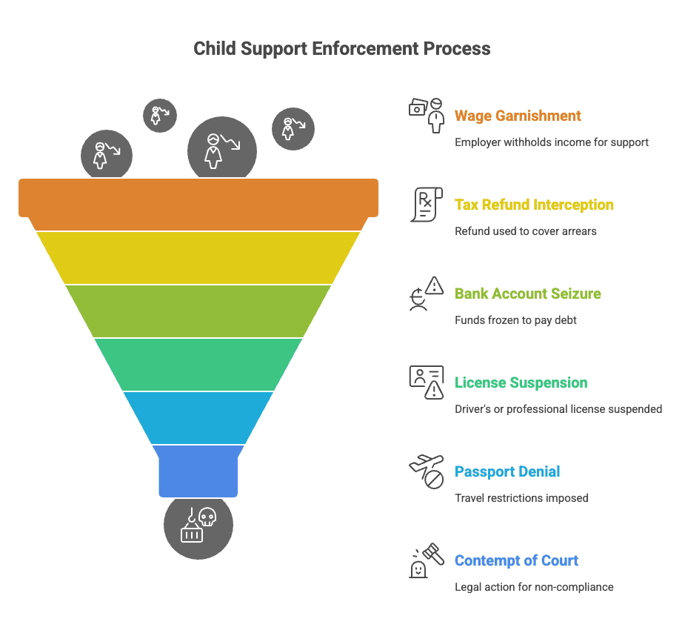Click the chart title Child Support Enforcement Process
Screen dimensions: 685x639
342,48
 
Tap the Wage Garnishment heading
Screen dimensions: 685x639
518,116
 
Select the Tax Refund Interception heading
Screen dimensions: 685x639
534,205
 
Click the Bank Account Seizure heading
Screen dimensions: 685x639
528,294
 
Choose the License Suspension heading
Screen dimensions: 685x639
521,383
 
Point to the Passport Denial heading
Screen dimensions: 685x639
507,471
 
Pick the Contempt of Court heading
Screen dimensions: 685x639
516,560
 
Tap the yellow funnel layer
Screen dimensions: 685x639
198,258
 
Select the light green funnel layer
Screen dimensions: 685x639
198,311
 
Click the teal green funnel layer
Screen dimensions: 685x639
198,364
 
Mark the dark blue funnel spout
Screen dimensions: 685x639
198,471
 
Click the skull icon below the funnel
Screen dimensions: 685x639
207,517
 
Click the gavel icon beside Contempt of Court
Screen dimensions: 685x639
433,554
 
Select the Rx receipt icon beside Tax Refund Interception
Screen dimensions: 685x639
427,205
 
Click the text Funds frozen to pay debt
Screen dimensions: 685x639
515,320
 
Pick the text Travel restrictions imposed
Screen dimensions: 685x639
521,498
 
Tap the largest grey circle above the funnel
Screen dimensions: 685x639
222,149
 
